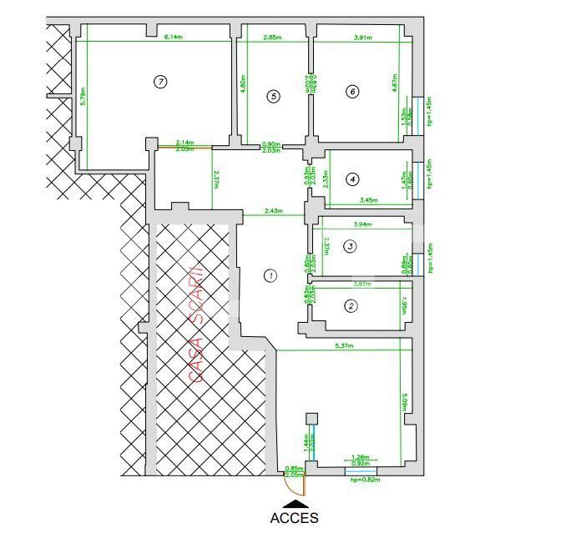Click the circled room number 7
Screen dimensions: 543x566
(161, 81)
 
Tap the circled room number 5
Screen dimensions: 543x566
(273, 96)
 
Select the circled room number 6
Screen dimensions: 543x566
(352, 92)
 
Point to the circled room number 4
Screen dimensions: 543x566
(353, 178)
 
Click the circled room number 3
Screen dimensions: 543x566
(351, 245)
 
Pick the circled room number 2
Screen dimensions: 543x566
(351, 306)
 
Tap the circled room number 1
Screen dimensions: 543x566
(270, 275)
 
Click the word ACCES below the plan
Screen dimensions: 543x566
(294, 518)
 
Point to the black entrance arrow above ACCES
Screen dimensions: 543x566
(294, 503)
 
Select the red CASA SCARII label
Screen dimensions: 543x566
(197, 324)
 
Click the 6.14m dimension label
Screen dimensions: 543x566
(174, 37)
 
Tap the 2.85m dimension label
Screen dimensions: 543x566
(272, 37)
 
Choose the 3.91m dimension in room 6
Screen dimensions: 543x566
(362, 37)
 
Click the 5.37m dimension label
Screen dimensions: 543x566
(345, 346)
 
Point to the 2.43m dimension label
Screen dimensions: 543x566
(271, 211)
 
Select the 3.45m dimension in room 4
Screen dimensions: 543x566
(368, 200)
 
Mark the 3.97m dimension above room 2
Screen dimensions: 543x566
(362, 284)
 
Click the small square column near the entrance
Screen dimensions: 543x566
(312, 419)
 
